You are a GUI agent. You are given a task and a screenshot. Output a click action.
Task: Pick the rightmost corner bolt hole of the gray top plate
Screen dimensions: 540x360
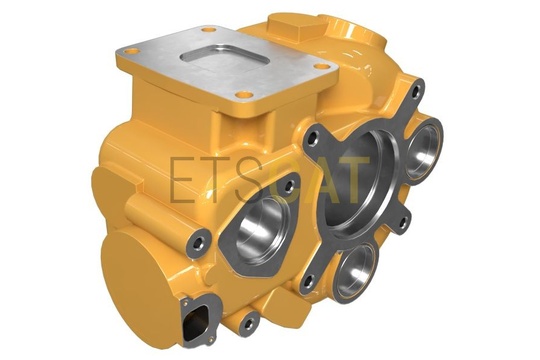coord(321,66)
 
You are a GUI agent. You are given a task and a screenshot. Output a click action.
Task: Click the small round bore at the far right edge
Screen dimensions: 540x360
coord(424,149)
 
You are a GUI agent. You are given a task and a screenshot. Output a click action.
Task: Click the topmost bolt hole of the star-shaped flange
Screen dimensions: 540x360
coord(416,91)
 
